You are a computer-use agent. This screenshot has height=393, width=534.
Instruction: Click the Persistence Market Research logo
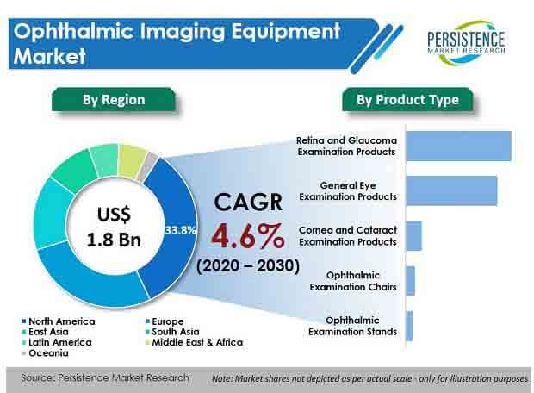(466, 42)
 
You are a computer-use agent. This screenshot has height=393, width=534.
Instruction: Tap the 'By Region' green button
(114, 99)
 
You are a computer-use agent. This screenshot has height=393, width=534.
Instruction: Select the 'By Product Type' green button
(407, 99)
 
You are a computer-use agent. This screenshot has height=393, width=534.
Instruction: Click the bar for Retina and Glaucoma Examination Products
(459, 146)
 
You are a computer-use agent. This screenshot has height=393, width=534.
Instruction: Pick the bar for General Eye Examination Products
(451, 190)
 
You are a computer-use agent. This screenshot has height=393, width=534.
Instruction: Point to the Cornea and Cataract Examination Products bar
(413, 236)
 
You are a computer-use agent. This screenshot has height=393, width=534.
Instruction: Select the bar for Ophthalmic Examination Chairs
(410, 281)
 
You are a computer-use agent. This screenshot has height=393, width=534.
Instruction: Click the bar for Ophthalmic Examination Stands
(409, 326)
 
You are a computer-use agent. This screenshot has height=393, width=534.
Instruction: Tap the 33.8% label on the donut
(180, 230)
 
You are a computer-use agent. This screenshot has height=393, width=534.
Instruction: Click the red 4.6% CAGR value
(247, 235)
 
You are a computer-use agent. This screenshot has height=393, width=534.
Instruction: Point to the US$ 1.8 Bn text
(114, 227)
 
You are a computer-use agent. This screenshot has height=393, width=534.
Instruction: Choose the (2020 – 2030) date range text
(248, 265)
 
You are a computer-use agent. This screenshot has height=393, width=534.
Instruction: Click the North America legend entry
(59, 321)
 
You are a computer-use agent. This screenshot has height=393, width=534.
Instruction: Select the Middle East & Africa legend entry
(194, 342)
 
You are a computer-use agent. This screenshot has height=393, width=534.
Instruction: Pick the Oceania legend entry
(45, 353)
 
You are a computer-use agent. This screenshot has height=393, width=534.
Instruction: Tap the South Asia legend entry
(172, 332)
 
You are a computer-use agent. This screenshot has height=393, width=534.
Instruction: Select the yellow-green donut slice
(131, 160)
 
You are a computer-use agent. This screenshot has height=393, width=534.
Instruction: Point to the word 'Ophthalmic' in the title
(73, 32)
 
